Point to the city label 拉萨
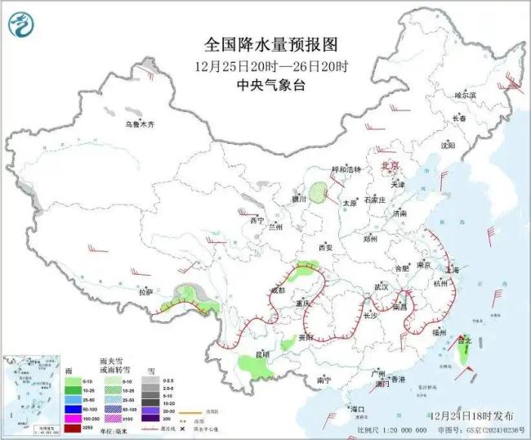pos(145,291)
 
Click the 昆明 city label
pos(261,354)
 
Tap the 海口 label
pos(356,408)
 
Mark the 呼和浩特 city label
pos(345,169)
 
